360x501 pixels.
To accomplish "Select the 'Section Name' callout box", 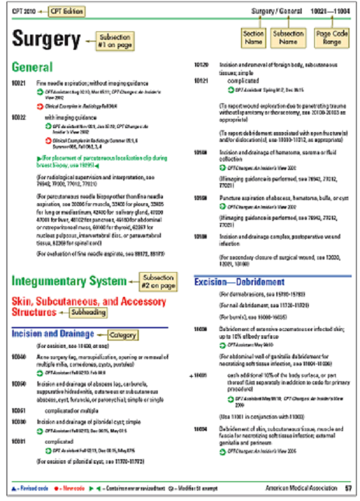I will coord(253,37).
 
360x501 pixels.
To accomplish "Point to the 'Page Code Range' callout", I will coord(327,37).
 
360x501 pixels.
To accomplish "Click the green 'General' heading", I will coord(31,67).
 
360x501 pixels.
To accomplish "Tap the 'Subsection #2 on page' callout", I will coord(158,282).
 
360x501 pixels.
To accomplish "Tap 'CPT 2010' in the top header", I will coord(24,11).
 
